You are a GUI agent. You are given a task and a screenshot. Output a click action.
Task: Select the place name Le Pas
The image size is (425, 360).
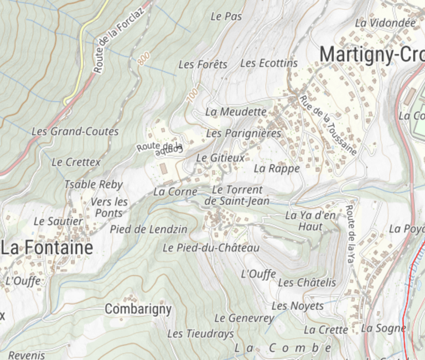click(226, 17)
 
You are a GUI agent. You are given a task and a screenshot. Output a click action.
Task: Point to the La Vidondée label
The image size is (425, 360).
click(385, 23)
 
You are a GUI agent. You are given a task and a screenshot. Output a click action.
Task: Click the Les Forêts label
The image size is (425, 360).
click(203, 65)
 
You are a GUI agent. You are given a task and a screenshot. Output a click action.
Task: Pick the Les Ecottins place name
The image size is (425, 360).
click(269, 64)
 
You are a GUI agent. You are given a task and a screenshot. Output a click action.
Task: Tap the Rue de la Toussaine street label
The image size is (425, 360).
click(329, 125)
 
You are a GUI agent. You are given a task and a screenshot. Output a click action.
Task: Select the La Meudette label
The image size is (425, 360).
click(236, 112)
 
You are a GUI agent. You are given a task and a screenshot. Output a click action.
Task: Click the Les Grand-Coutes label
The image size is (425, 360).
click(75, 132)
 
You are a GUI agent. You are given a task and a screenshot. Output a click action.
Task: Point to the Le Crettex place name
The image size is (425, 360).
click(76, 162)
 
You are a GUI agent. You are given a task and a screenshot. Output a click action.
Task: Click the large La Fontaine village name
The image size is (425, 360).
click(46, 248)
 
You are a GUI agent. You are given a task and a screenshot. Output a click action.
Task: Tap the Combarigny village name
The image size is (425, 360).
click(138, 309)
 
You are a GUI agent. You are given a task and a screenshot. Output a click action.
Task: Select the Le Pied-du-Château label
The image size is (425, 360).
click(210, 248)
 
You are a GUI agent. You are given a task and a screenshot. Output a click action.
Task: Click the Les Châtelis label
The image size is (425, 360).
click(307, 283)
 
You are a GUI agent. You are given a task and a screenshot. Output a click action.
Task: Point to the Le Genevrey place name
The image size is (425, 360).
click(244, 318)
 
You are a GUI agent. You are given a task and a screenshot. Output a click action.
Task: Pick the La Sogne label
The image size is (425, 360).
click(383, 328)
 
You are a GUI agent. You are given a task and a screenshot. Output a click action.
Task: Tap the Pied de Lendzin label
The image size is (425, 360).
click(148, 229)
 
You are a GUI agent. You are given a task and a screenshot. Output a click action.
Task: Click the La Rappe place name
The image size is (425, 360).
click(277, 168)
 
